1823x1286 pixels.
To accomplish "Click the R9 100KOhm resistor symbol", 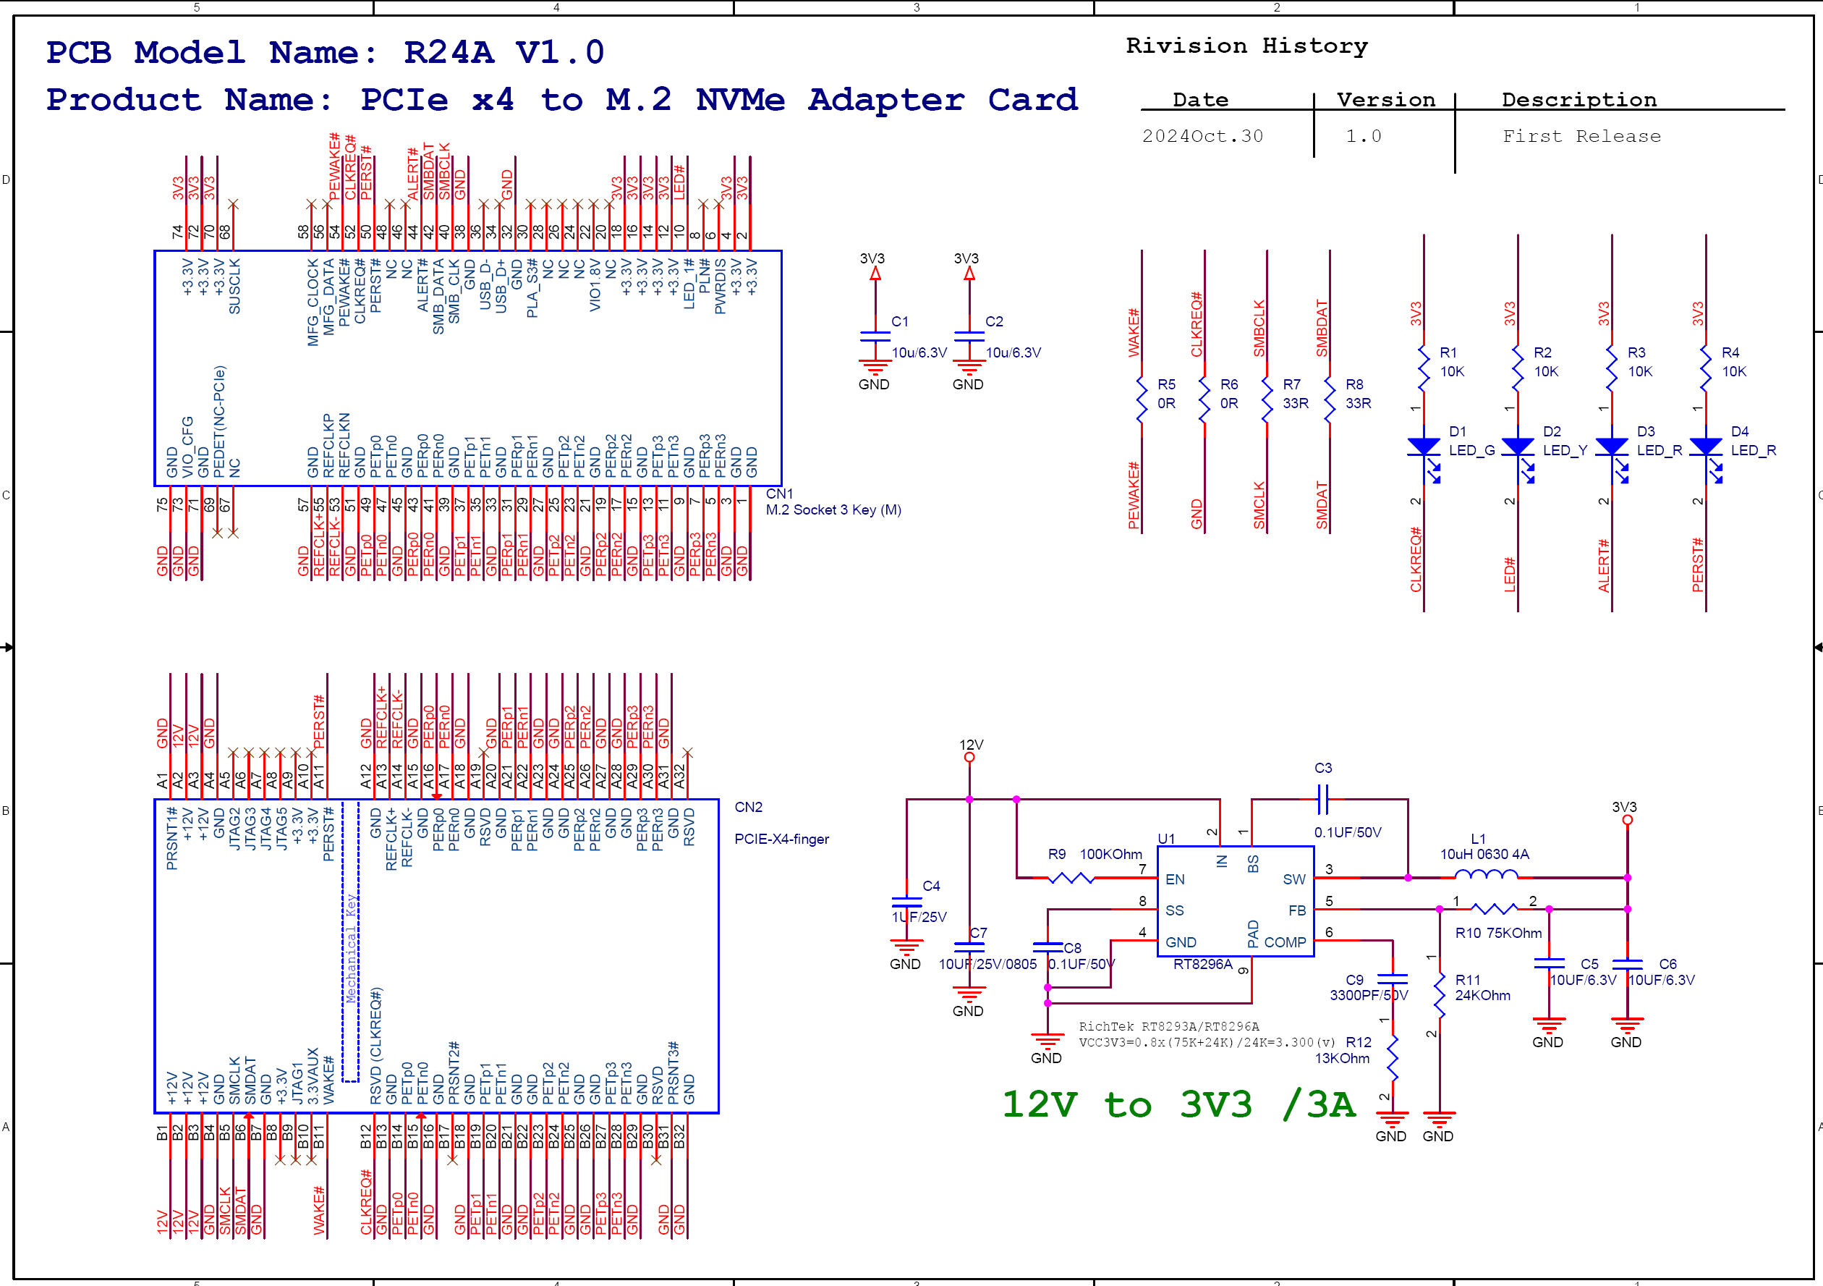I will click(x=1071, y=878).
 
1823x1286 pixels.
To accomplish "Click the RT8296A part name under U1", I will click(x=1203, y=964).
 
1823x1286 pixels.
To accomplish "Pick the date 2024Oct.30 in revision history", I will click(x=1202, y=136).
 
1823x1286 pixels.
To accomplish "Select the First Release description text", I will click(x=1581, y=136).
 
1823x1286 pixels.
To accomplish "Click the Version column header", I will click(x=1385, y=100).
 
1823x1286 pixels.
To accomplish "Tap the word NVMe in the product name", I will click(x=740, y=100).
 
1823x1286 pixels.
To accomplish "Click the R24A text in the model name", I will click(x=449, y=52).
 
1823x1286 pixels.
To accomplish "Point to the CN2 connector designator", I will click(x=748, y=807).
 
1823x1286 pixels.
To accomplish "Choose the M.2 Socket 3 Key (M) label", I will click(x=833, y=510).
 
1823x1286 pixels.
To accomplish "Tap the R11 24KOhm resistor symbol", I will click(x=1440, y=994).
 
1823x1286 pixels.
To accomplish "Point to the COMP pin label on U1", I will click(x=1285, y=942).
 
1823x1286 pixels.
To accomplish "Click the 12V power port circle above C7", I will click(x=969, y=758).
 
